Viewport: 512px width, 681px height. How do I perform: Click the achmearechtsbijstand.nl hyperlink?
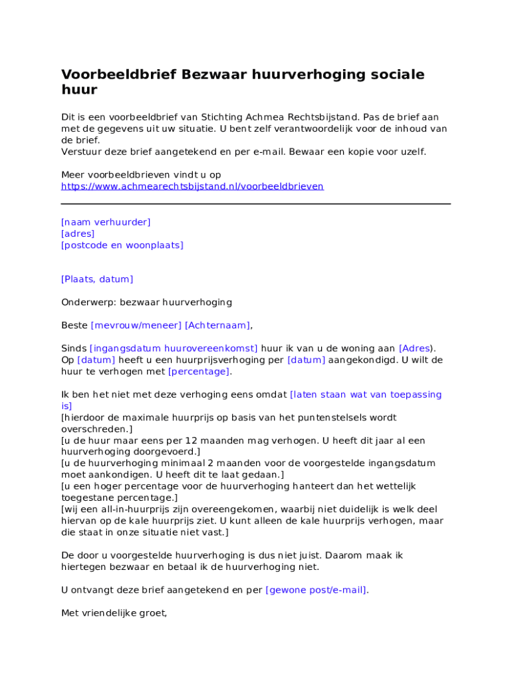(x=192, y=186)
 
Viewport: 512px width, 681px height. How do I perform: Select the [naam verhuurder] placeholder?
(x=106, y=222)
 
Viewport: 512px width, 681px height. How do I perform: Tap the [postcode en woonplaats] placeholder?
(x=122, y=245)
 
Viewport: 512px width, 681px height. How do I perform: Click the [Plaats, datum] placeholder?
(x=97, y=279)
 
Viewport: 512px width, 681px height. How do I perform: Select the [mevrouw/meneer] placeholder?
(x=136, y=325)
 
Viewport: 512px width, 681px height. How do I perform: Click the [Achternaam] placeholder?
(x=217, y=325)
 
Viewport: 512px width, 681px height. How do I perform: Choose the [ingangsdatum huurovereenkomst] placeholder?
(x=174, y=348)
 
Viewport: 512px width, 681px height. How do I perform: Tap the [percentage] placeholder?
(x=199, y=371)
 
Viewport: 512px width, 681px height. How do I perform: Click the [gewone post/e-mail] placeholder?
(x=316, y=590)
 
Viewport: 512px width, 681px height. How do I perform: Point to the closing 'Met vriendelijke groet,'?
(x=114, y=613)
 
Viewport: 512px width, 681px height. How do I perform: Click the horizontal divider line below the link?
(x=256, y=204)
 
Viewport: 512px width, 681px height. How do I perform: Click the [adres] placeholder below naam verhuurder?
(x=78, y=233)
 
